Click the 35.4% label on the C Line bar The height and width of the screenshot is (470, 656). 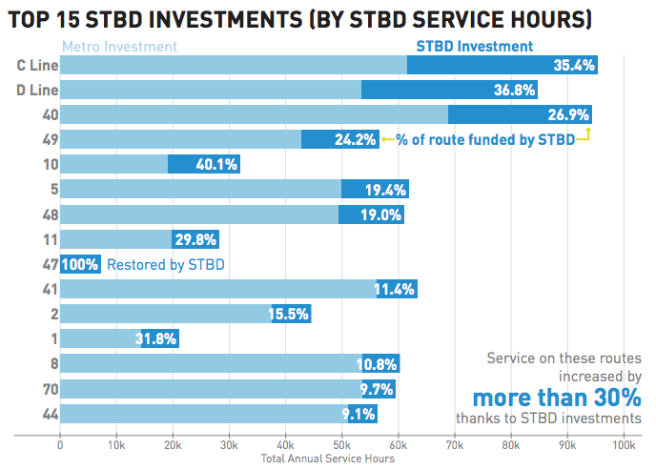(x=574, y=65)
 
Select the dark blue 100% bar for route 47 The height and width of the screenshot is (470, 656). (x=80, y=264)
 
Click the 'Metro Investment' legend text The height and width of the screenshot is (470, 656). (x=119, y=46)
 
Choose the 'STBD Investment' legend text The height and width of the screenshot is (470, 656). (x=474, y=46)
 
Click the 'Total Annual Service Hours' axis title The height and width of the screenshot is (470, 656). (x=327, y=459)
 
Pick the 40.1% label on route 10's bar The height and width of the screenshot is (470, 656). (x=215, y=165)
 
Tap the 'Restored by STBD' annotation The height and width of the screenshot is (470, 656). (x=166, y=264)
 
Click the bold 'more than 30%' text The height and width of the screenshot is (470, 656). (x=557, y=396)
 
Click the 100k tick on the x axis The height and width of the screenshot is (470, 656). (x=623, y=445)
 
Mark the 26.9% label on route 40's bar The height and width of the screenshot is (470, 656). (x=568, y=115)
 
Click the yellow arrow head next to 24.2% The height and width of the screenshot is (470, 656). (x=386, y=140)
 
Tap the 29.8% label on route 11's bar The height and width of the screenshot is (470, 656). (x=195, y=239)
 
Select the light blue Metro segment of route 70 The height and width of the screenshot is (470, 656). (x=210, y=388)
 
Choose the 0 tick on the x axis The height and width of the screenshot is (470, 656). (x=60, y=445)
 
